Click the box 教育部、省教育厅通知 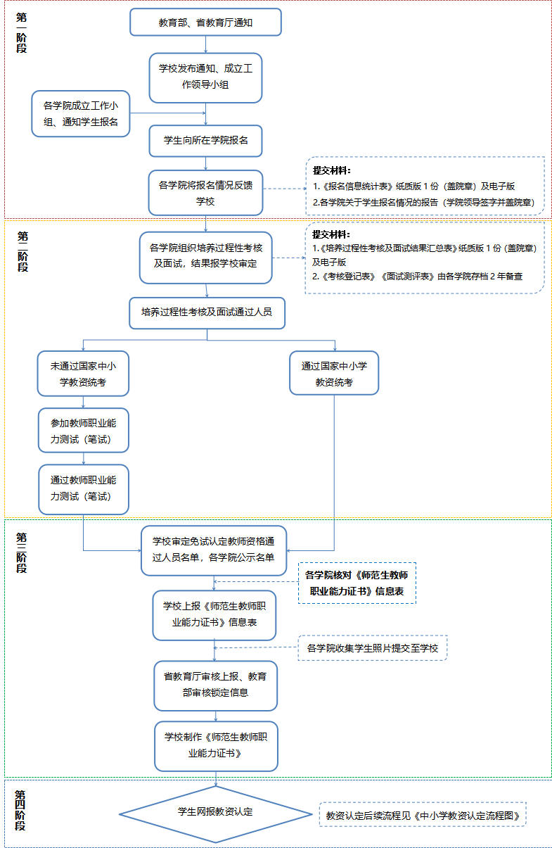coord(205,23)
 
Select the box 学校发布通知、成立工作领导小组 coord(205,77)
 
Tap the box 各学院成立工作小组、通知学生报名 coord(81,114)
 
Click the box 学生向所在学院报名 coord(205,140)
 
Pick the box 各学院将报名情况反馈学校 coord(205,193)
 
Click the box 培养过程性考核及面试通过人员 coord(207,312)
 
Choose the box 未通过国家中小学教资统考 coord(83,374)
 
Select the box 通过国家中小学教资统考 coord(334,374)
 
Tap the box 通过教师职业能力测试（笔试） coord(83,488)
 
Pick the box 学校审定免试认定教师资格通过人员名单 coord(214,550)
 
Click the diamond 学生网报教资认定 coord(215,812)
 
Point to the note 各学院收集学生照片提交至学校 coord(373,648)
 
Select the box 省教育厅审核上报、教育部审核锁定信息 coord(215,685)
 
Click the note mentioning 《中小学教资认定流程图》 coord(423,816)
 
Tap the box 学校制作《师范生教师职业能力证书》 coord(215,745)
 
